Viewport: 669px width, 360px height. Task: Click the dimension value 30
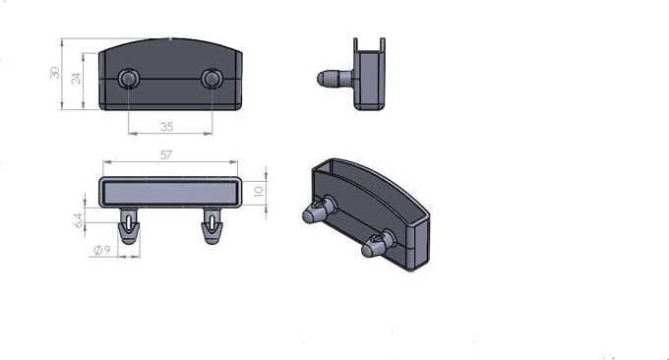pos(55,73)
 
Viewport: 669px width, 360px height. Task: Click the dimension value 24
pos(76,79)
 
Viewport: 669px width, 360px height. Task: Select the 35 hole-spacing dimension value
pos(167,127)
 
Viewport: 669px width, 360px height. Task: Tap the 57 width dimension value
pos(166,154)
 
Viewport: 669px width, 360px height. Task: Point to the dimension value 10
pos(259,190)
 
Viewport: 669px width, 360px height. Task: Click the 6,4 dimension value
pos(79,220)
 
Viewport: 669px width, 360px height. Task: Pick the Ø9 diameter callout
pos(101,250)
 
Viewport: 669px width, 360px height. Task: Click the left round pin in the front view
pos(127,78)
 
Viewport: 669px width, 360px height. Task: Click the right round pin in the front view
pos(211,78)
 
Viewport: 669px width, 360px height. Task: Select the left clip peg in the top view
pos(129,226)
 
